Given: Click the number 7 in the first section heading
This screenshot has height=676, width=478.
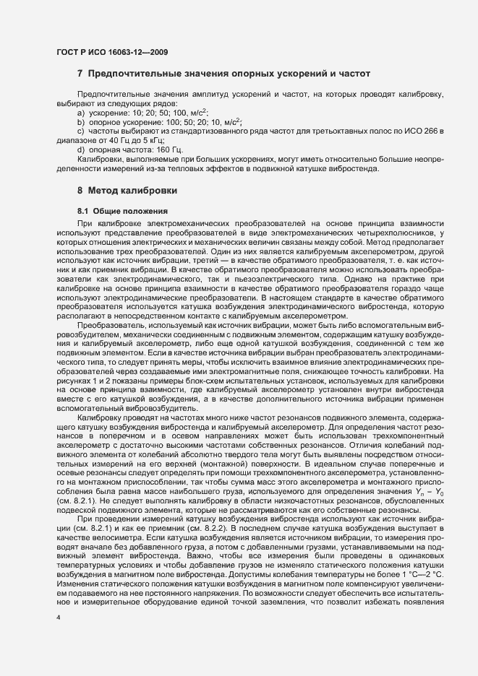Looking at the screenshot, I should (80, 74).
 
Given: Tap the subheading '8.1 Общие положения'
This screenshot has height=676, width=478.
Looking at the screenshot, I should (123, 210).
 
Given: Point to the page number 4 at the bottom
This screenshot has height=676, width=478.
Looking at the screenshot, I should (58, 638).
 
